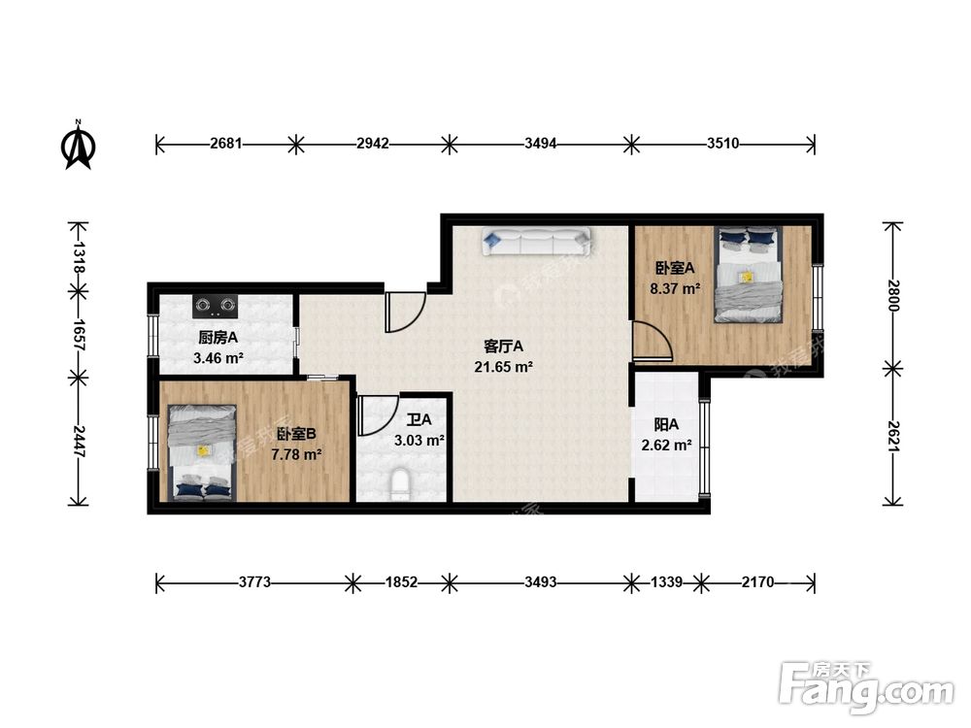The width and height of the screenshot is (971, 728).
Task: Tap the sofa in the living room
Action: click(x=537, y=242)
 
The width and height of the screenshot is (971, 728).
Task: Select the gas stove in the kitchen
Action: click(x=216, y=305)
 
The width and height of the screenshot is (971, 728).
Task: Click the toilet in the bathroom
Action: click(x=401, y=484)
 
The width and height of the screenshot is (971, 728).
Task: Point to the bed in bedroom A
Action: click(x=748, y=275)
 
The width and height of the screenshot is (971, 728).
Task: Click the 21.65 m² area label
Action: click(x=503, y=367)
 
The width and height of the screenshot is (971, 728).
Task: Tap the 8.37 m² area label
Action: click(x=675, y=288)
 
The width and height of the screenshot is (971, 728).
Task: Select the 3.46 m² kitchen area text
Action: click(x=218, y=358)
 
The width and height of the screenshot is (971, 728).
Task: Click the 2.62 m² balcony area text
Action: click(x=666, y=446)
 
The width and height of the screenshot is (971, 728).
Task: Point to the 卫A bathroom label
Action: click(x=419, y=420)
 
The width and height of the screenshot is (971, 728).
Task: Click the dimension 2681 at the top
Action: click(x=226, y=144)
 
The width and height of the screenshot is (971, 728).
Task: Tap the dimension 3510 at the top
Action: click(x=722, y=144)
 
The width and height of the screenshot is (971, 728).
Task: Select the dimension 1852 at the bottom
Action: click(x=401, y=582)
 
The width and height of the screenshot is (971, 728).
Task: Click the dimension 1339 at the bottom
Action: click(x=666, y=582)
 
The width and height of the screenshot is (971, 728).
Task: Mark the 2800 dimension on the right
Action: click(x=892, y=296)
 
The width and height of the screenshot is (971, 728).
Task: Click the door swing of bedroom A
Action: click(x=653, y=340)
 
